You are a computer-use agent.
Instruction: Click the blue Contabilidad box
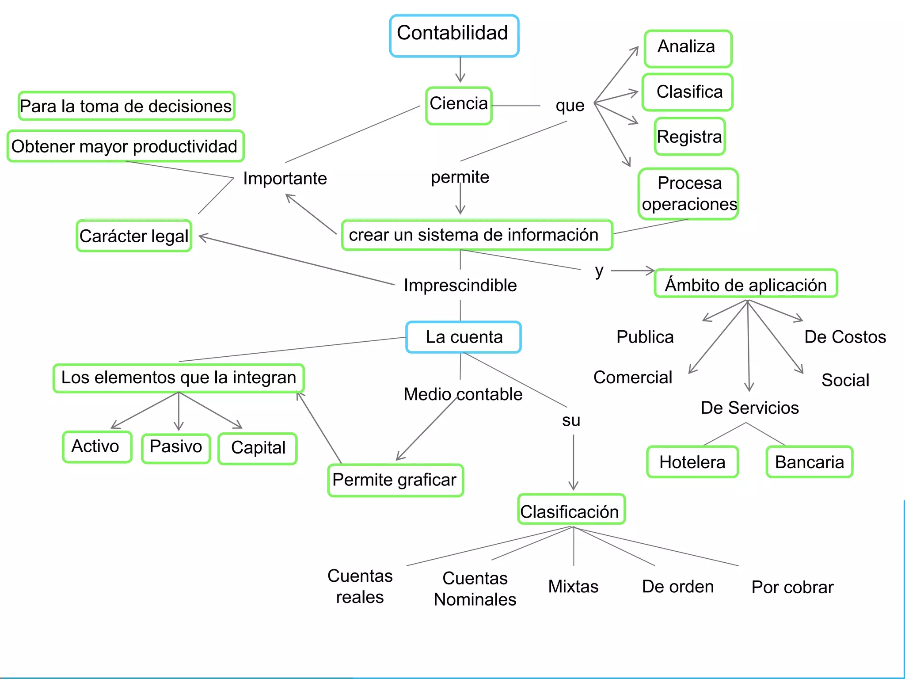tap(454, 35)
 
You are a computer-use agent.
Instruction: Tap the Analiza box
tap(688, 48)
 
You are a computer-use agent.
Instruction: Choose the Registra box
tap(689, 136)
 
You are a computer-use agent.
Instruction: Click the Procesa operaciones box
tap(688, 193)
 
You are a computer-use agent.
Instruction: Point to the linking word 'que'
tap(570, 106)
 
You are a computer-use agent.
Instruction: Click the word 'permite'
tap(460, 177)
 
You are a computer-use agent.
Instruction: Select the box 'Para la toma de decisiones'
tap(126, 106)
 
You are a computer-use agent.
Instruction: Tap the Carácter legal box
tap(134, 236)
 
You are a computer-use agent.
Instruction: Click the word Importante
tap(285, 179)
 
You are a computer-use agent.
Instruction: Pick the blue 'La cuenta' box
tap(464, 337)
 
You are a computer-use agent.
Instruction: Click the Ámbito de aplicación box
tap(745, 284)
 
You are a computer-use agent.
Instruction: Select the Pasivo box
tap(176, 447)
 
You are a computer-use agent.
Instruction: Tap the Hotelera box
tap(692, 462)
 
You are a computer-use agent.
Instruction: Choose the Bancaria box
tap(809, 462)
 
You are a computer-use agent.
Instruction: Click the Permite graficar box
tap(395, 480)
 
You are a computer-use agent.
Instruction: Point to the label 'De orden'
tap(677, 587)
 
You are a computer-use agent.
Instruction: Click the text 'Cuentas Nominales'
tap(475, 589)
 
